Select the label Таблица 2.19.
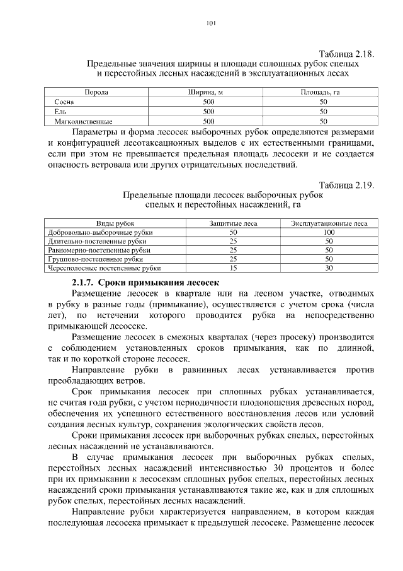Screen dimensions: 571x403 (346, 185)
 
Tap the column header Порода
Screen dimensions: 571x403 (96, 92)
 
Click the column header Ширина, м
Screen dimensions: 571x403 (208, 92)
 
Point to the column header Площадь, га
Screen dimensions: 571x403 (323, 92)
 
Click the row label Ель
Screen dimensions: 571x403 (60, 111)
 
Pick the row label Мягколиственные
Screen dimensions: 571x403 (83, 121)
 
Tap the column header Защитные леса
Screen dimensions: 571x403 (233, 223)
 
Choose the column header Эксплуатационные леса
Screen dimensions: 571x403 (329, 223)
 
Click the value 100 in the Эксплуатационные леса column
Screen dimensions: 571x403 (329, 232)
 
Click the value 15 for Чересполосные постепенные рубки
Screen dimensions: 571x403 (233, 268)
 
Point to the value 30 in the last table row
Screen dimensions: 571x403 (329, 268)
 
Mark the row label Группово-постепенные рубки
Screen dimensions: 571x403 (95, 259)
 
